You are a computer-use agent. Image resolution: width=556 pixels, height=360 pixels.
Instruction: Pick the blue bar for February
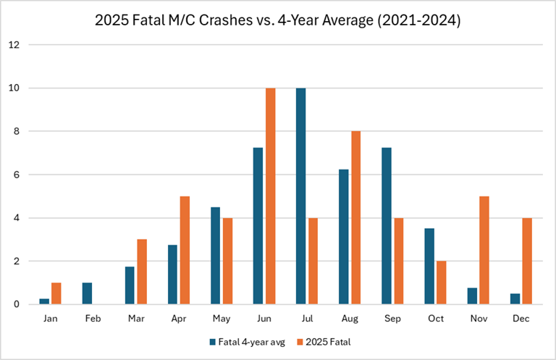pyautogui.click(x=87, y=293)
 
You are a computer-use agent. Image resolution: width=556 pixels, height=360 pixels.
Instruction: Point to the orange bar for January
pyautogui.click(x=56, y=293)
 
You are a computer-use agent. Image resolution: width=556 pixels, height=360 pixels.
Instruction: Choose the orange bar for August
pyautogui.click(x=355, y=218)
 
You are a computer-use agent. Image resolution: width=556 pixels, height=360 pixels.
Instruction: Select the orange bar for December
pyautogui.click(x=526, y=261)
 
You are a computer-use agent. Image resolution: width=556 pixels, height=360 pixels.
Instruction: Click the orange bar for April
pyautogui.click(x=184, y=250)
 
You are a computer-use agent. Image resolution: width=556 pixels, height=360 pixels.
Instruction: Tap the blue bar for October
pyautogui.click(x=429, y=267)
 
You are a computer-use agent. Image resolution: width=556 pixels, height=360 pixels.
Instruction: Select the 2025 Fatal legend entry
pyautogui.click(x=327, y=340)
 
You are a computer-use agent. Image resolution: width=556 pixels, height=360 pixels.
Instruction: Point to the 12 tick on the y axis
pyautogui.click(x=14, y=45)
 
